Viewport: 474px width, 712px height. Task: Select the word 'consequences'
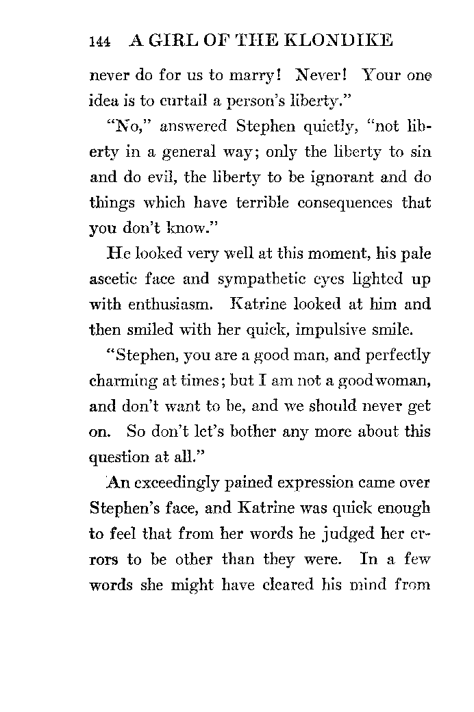(340, 203)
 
